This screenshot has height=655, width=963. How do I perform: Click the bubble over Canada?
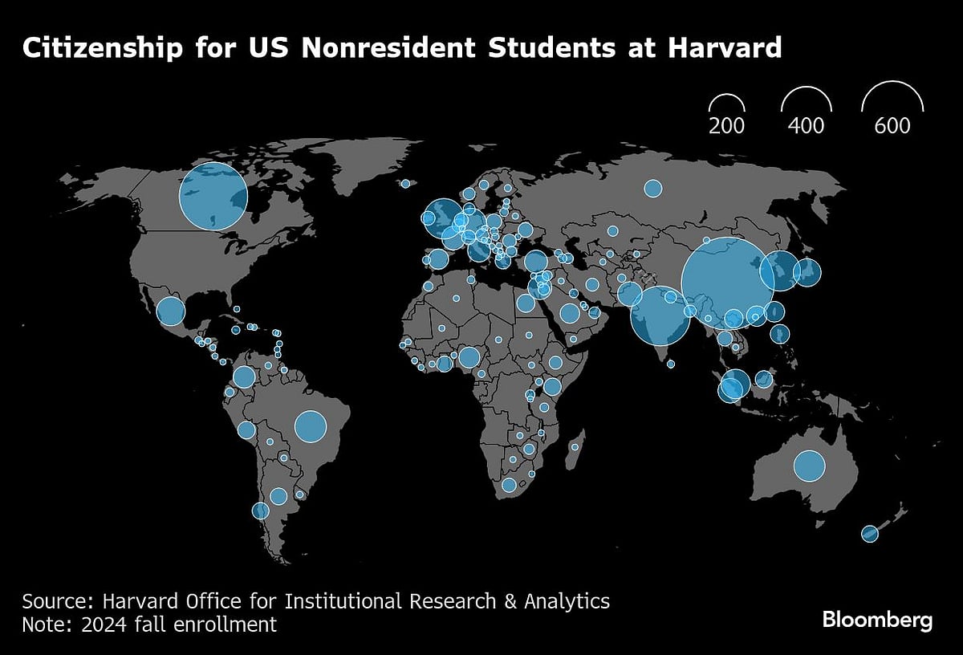click(213, 196)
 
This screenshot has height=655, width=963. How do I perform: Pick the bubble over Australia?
click(809, 466)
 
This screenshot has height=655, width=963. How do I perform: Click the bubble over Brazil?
click(311, 426)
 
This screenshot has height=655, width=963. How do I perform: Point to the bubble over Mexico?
click(169, 311)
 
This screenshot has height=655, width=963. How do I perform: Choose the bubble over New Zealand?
click(869, 533)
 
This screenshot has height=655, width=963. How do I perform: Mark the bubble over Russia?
click(652, 189)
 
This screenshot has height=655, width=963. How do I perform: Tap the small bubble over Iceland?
click(405, 184)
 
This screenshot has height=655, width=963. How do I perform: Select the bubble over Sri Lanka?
click(671, 364)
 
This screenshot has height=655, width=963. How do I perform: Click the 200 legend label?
click(726, 126)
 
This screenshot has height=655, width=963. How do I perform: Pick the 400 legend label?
click(805, 126)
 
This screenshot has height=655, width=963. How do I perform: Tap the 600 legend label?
click(892, 126)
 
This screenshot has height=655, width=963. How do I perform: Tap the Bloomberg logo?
click(877, 620)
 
